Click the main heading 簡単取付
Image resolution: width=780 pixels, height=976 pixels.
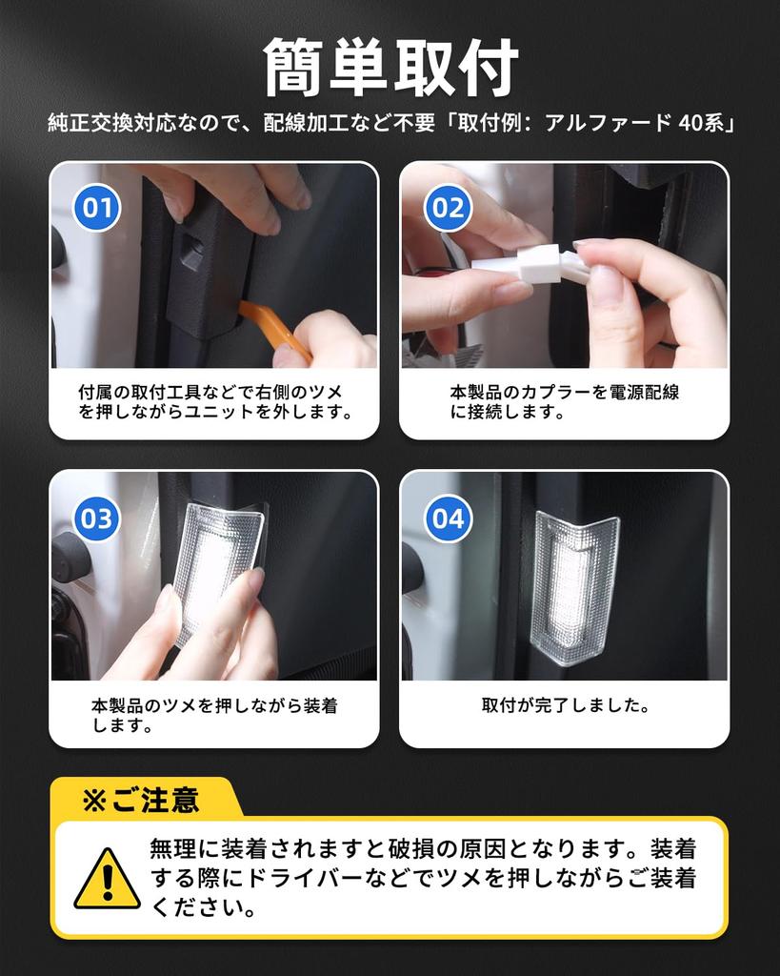pos(390,68)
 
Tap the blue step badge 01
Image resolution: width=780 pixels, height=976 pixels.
pos(97,207)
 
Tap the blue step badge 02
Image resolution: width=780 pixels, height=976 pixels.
pos(448,207)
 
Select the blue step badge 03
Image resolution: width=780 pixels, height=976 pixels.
pos(97,518)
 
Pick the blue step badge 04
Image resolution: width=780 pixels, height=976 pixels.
pos(448,518)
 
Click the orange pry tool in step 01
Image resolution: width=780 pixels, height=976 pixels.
pos(273,329)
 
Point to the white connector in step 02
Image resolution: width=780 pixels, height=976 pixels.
pos(530,264)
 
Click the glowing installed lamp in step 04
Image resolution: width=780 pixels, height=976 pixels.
pos(573,586)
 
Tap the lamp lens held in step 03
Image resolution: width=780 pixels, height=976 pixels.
pos(218,573)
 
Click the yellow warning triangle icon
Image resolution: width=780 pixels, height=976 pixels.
pos(107,879)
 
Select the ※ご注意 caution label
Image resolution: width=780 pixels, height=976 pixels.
pos(141,800)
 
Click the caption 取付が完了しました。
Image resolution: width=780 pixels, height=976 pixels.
pos(566,705)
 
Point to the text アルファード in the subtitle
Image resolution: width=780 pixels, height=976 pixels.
pos(608,123)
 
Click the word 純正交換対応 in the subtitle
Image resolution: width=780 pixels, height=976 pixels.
pos(112,123)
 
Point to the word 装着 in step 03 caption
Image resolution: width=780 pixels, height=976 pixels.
pos(321,705)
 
